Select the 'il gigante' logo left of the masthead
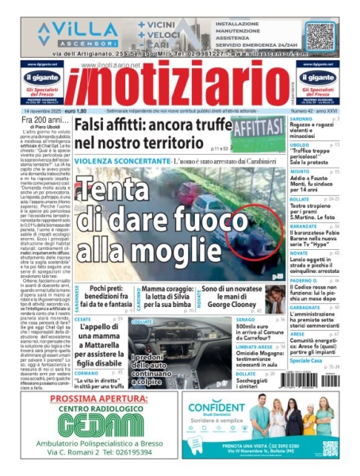pos(42,79)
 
